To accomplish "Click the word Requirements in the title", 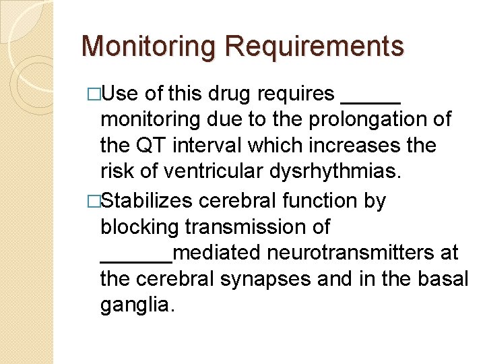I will (x=315, y=47).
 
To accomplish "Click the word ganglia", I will (x=137, y=306).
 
